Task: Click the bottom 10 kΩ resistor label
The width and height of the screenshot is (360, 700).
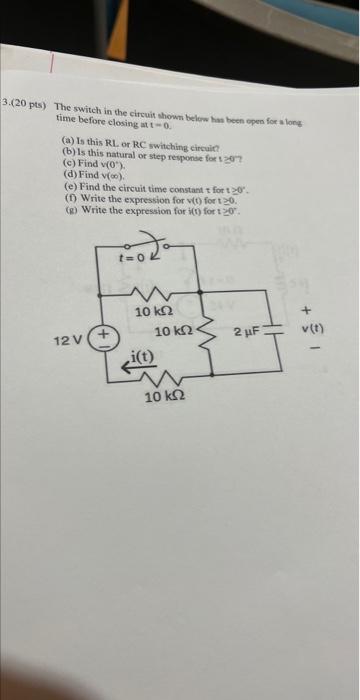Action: click(x=160, y=399)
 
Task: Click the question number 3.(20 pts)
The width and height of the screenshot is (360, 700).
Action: click(x=27, y=104)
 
